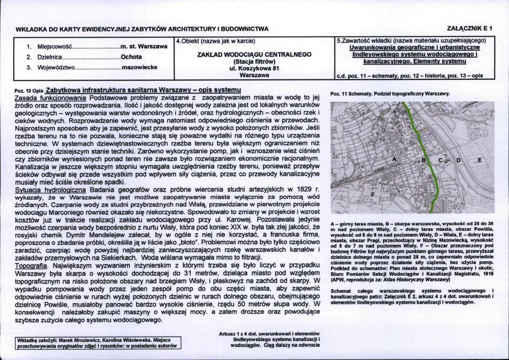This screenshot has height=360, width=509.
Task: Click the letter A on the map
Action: (394, 159)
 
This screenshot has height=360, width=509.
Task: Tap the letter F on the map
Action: (373, 194)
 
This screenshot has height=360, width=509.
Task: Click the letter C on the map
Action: (440, 160)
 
